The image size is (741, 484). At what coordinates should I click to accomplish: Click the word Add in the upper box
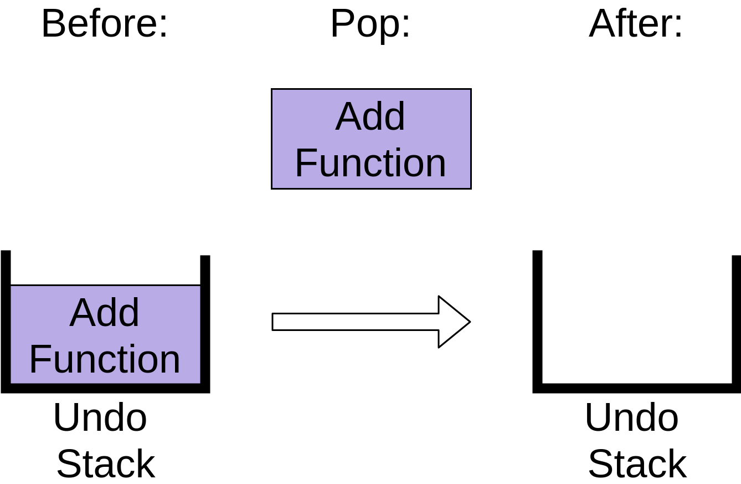tap(371, 116)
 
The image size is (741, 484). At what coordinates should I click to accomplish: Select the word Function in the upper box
tap(371, 163)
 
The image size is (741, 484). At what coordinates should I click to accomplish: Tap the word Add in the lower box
tap(105, 313)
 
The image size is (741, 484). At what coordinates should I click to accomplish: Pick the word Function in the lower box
tap(105, 359)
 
